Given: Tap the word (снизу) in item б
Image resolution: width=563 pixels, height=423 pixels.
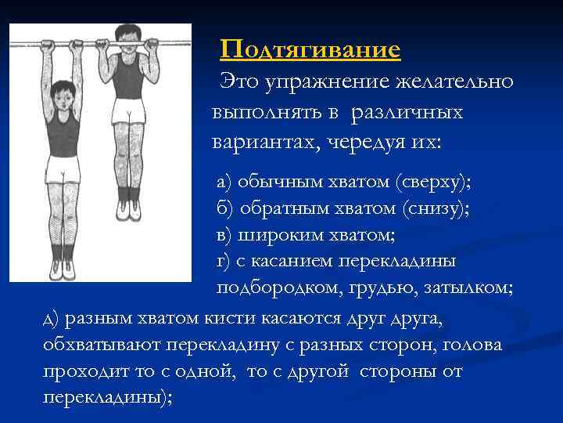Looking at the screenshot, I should (435, 208).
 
